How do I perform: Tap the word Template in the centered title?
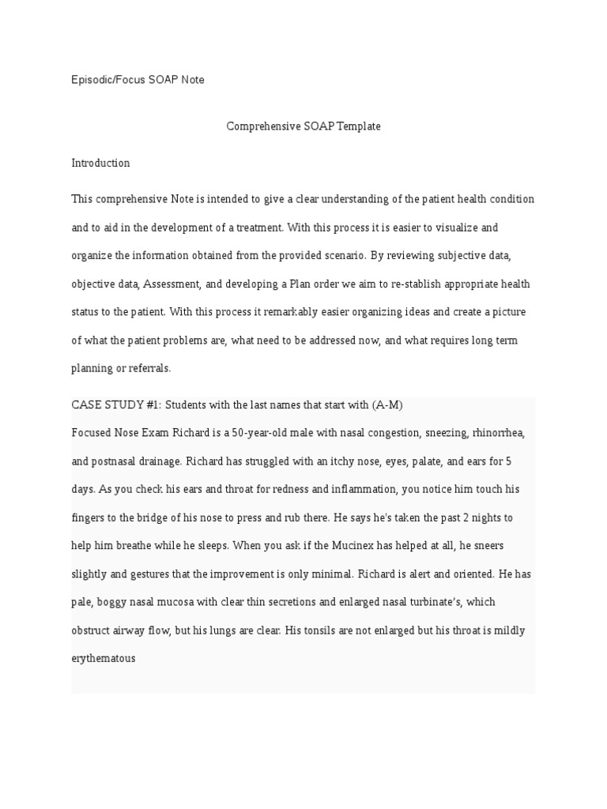tap(359, 126)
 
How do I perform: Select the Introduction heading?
tap(100, 164)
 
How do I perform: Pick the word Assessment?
tap(173, 284)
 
